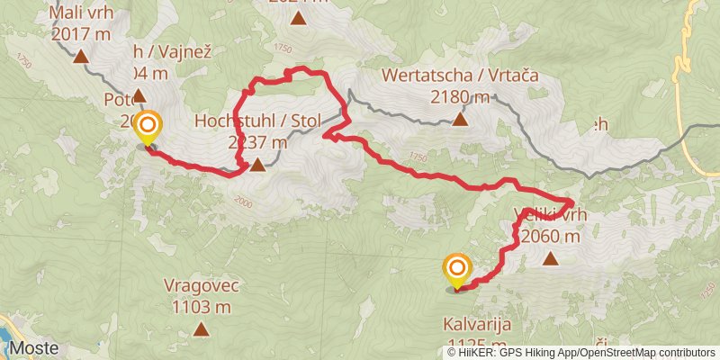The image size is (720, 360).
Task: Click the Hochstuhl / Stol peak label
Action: point(243,121)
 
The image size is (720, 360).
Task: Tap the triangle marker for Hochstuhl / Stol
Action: point(258,165)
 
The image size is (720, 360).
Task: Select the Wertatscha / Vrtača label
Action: point(460,77)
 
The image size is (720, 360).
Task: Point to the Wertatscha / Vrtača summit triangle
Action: point(460,119)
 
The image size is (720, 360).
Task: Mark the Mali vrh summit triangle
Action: point(80,56)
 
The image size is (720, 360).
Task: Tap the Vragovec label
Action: point(201,286)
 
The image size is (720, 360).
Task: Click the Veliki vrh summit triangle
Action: point(550,258)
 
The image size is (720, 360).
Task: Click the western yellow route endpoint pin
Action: point(147,127)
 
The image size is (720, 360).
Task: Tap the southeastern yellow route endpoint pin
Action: point(457,270)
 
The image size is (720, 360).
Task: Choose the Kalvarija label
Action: point(480,324)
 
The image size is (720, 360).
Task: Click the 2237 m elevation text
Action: point(257,142)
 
